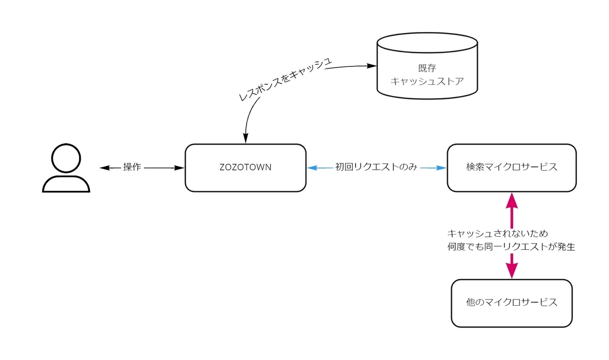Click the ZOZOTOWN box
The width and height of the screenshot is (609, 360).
245,168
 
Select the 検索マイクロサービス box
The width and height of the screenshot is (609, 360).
512,168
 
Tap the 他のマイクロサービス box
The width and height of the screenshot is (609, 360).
512,303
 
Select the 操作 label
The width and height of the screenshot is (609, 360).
132,168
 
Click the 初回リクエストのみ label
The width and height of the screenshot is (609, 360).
376,168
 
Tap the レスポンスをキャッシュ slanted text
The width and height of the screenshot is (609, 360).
285,79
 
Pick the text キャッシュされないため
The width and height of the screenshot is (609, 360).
497,234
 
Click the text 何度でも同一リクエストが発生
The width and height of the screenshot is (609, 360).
511,247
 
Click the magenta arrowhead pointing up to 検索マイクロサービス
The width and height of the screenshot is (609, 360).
512,200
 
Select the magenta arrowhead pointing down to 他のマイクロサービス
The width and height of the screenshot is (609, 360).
512,271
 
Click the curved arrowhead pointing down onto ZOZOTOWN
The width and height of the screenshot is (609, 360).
246,137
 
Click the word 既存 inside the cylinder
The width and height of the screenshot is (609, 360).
427,68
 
